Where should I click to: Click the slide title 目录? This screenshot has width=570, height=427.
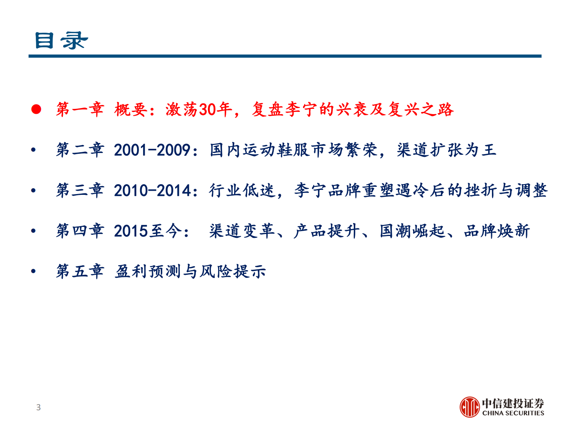pos(61,40)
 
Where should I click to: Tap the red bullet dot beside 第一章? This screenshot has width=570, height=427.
pos(36,110)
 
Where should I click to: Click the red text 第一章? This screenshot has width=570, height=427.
pos(80,110)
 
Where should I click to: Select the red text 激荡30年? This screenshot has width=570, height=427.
pos(198,110)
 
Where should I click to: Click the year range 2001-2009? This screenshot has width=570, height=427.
pos(152,150)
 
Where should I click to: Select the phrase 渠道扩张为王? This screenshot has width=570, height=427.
pos(447,150)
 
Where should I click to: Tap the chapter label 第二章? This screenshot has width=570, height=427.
pos(80,150)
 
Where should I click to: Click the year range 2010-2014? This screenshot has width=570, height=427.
pos(152,190)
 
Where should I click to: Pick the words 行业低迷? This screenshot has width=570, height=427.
pos(242,190)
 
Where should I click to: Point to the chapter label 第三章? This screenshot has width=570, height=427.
pos(80,190)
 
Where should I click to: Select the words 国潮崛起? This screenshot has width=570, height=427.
pos(412,231)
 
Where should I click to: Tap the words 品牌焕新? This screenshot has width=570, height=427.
pos(497,231)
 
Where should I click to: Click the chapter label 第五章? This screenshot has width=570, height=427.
pos(80,271)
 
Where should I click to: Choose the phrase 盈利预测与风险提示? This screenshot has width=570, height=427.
pos(190,271)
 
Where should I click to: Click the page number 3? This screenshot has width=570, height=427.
pos(38,407)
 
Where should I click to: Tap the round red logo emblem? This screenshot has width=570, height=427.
pos(469,407)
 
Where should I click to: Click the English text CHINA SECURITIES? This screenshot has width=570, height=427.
pos(513,413)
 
